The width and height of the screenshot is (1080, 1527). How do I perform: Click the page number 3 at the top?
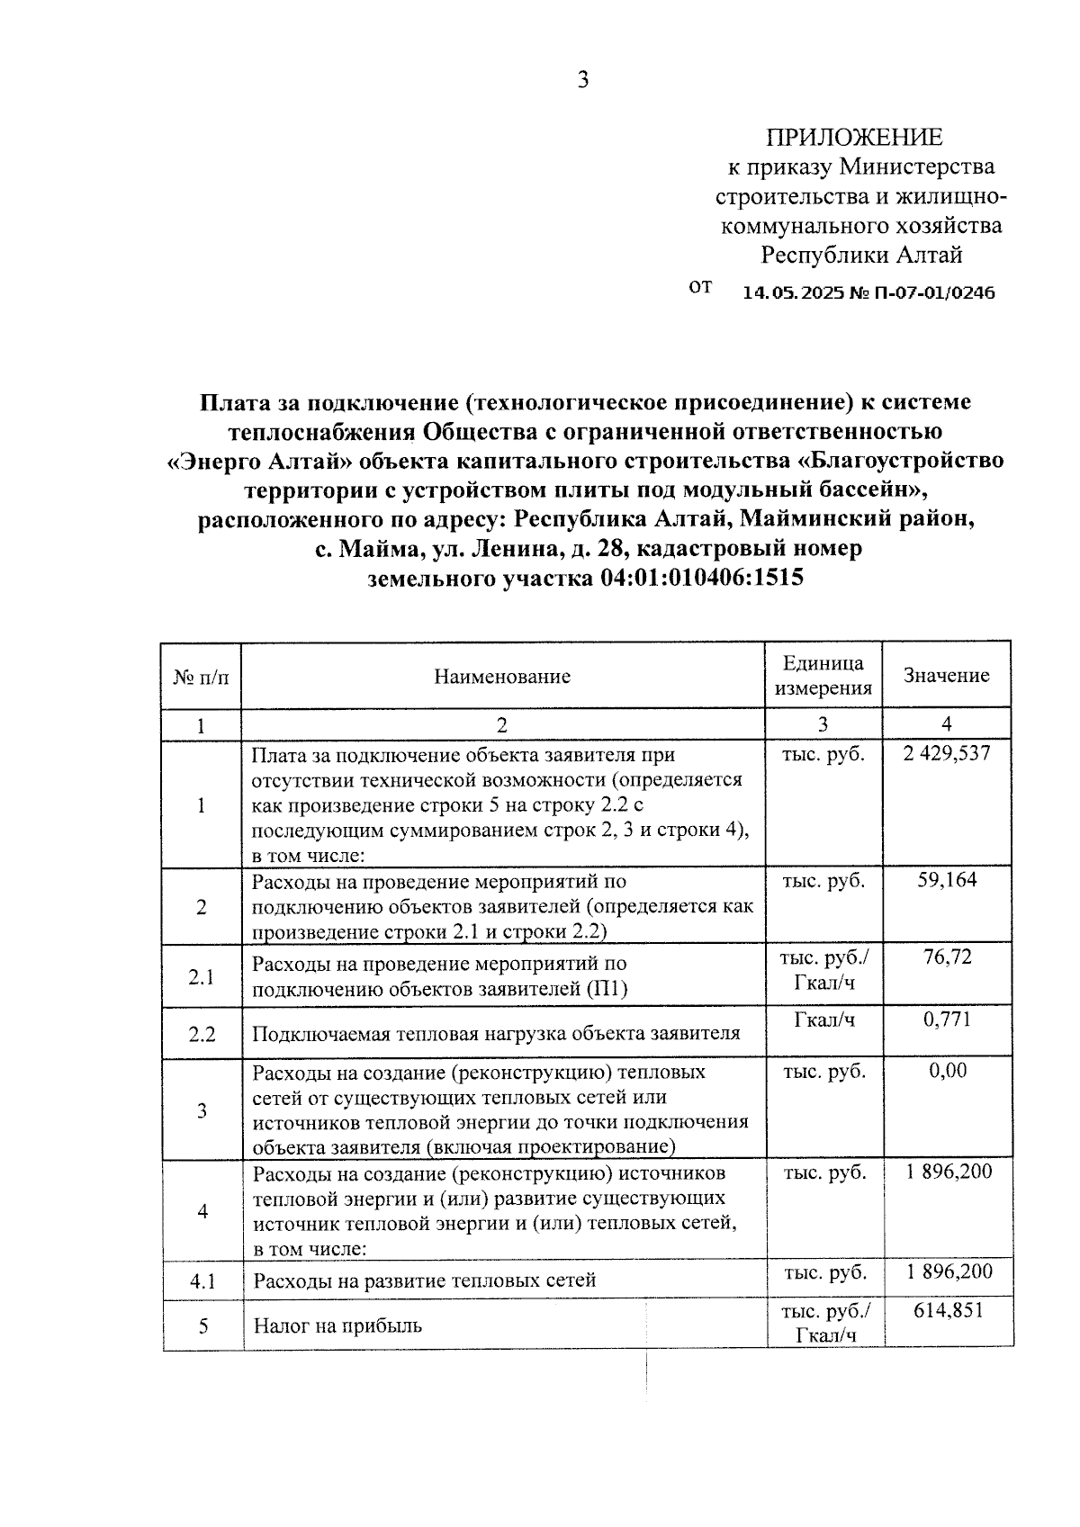click(583, 81)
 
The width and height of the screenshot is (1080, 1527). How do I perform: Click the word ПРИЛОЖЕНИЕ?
click(854, 137)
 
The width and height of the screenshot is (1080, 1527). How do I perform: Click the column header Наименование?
click(502, 677)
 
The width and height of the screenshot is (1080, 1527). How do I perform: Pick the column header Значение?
click(946, 676)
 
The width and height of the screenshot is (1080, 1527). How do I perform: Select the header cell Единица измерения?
click(823, 676)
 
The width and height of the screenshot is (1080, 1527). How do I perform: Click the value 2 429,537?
click(947, 754)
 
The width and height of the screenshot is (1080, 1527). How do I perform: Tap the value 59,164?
click(947, 880)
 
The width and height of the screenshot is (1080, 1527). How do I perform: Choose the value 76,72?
click(947, 957)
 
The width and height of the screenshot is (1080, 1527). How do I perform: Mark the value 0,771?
click(947, 1020)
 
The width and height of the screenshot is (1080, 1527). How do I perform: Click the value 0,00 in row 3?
click(947, 1071)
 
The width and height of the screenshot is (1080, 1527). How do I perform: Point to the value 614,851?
click(949, 1310)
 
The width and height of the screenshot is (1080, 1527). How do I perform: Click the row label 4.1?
click(202, 1280)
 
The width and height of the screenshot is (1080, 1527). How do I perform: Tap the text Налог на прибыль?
click(337, 1325)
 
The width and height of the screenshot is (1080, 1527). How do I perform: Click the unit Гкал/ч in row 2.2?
click(823, 1020)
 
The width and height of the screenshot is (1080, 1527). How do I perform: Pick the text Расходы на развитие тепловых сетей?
click(424, 1280)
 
